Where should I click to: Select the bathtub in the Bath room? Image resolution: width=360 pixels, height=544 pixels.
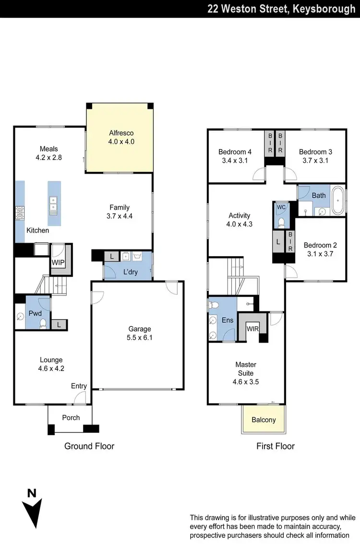339,200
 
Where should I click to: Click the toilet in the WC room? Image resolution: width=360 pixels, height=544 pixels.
281,223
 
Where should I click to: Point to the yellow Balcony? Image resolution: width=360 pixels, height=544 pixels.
264,420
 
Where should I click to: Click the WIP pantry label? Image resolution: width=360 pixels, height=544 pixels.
58,262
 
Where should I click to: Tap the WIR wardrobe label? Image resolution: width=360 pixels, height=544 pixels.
252,329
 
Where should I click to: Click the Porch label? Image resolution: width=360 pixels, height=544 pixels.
71,417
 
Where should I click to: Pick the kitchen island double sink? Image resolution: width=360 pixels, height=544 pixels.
52,205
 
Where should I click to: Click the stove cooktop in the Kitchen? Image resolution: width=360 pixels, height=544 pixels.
20,213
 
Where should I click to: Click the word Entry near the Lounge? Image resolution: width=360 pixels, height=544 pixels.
79,386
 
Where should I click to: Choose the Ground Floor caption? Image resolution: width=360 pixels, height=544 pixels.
89,446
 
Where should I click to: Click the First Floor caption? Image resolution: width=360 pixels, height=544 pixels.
275,446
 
